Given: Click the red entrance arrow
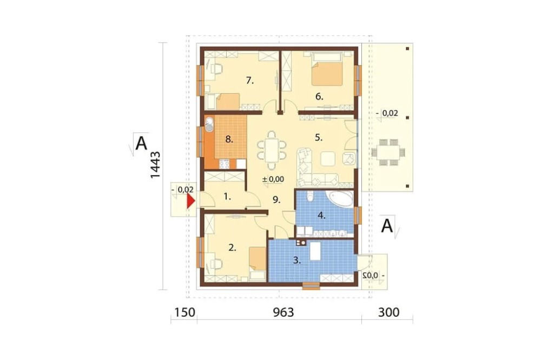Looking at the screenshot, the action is coord(190,201).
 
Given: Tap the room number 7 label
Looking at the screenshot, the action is coord(250,81).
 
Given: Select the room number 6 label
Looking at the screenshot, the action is coord(319,97).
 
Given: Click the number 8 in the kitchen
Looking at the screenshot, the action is coord(229,139).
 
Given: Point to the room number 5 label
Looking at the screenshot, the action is coord(319,138).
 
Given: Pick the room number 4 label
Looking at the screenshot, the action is coord(321,216).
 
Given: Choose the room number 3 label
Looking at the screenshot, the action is coord(296,261).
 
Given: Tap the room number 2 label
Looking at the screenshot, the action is coord(232,247).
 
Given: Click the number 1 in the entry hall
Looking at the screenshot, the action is coord(227,197).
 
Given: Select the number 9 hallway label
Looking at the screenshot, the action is coord(276,199).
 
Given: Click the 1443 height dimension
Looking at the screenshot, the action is coord(155,165).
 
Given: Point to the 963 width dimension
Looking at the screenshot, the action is coord(283,312).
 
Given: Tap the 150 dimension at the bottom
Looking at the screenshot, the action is coord(184,312).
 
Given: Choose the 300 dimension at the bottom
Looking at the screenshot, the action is coord(389,312).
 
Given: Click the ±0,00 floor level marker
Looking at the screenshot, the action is coord(273,179).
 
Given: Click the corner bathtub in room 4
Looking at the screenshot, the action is coord(340,198).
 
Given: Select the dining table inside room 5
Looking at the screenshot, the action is coord(272,150).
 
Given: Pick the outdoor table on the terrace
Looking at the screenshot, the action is coord(388,152).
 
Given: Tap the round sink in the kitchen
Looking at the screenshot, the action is coord(209,124).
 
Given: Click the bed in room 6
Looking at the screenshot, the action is coord(327,69).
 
